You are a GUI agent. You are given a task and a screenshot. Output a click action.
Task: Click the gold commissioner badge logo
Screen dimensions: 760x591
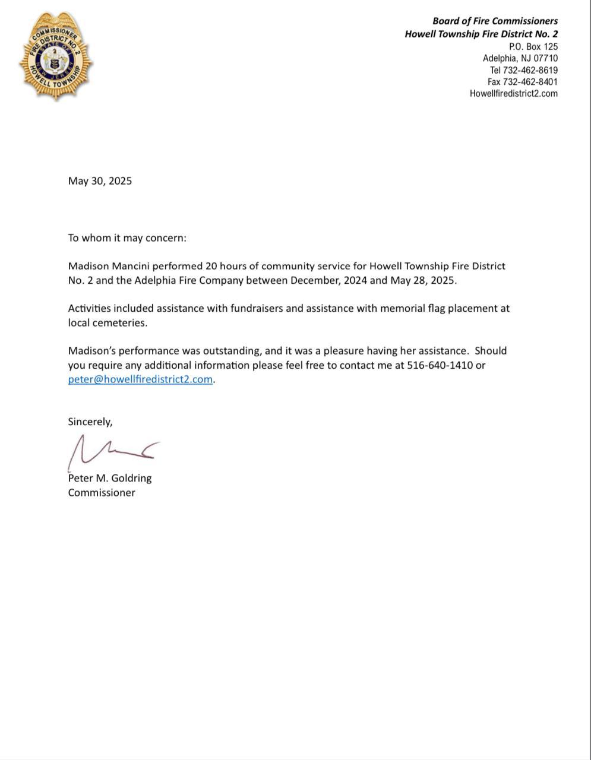tap(56, 56)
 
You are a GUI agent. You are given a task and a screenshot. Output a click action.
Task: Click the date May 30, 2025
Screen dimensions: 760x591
tap(100, 181)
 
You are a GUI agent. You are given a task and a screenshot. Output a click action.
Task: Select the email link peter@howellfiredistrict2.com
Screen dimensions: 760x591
tap(140, 379)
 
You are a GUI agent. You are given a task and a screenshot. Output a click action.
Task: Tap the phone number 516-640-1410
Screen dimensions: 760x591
tap(440, 365)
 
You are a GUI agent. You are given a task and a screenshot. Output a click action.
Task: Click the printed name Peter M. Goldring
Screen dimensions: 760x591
tap(110, 478)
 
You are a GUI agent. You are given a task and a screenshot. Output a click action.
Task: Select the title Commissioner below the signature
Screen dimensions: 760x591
tap(102, 493)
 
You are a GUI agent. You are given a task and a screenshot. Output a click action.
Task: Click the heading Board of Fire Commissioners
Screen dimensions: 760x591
tap(495, 21)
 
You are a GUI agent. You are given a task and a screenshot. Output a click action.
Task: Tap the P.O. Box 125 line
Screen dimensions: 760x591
tap(533, 46)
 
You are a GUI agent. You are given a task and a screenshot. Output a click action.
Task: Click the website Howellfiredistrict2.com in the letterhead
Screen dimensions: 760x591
tap(514, 93)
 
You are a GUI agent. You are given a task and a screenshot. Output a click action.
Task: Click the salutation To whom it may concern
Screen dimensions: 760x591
tap(127, 238)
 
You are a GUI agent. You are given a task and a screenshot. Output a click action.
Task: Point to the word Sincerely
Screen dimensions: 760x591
tap(90, 422)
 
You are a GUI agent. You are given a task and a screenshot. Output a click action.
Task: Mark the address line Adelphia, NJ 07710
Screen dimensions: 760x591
tap(520, 58)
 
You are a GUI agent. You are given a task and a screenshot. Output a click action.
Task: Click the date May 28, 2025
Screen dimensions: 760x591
tap(423, 280)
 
